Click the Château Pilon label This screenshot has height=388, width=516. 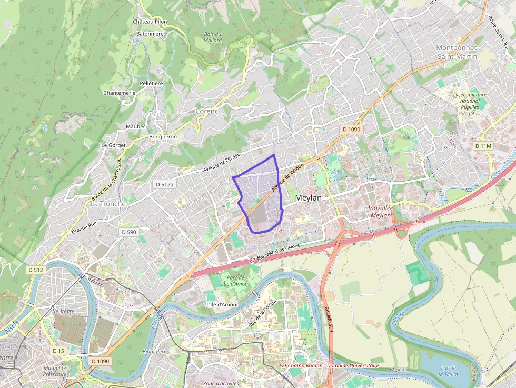(150, 22)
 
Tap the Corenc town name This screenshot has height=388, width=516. (206, 111)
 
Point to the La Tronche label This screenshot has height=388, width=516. (108, 204)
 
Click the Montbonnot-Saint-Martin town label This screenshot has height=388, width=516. (457, 52)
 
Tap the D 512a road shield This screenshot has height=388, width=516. (165, 184)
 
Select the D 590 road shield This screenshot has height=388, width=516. (128, 232)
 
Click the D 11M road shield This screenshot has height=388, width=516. (483, 145)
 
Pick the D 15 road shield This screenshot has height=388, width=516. (58, 351)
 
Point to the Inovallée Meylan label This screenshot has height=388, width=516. (381, 212)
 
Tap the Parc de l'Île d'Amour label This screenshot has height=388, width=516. (235, 281)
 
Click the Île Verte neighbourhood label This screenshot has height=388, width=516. (63, 311)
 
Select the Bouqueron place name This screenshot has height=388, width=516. (163, 136)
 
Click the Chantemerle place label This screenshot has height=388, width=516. (120, 93)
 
